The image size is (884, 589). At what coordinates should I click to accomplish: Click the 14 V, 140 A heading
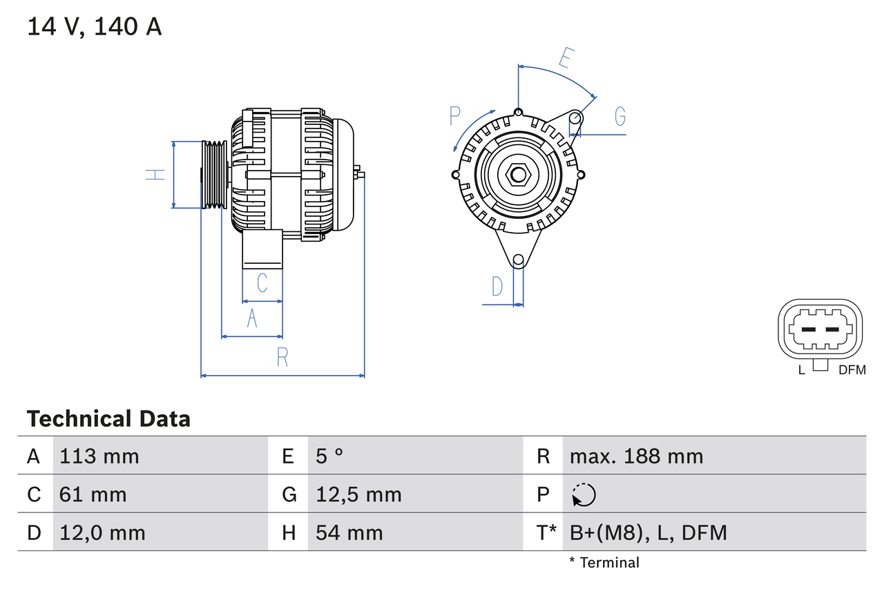(95, 27)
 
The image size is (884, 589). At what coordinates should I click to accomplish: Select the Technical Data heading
(108, 419)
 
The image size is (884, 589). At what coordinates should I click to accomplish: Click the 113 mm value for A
(99, 456)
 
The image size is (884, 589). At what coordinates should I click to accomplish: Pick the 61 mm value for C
(93, 494)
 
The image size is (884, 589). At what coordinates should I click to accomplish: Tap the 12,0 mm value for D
(102, 533)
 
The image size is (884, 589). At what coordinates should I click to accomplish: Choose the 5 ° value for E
(329, 456)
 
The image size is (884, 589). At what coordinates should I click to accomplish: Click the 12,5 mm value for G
(358, 494)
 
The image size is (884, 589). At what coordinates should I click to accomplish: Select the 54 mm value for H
(349, 533)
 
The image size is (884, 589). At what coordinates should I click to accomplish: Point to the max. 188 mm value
(636, 456)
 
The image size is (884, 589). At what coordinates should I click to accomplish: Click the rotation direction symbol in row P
(584, 494)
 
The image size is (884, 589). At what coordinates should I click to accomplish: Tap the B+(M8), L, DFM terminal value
(648, 533)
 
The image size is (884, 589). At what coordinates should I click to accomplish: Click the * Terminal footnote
(604, 563)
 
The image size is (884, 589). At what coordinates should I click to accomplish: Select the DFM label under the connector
(852, 370)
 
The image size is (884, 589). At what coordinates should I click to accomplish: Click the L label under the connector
(801, 370)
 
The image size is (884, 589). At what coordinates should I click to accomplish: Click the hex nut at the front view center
(518, 174)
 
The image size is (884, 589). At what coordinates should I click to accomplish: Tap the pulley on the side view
(214, 175)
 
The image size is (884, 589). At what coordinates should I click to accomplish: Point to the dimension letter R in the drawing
(282, 358)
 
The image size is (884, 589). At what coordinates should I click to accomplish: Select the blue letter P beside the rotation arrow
(455, 117)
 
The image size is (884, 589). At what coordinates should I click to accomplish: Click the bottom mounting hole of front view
(518, 260)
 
